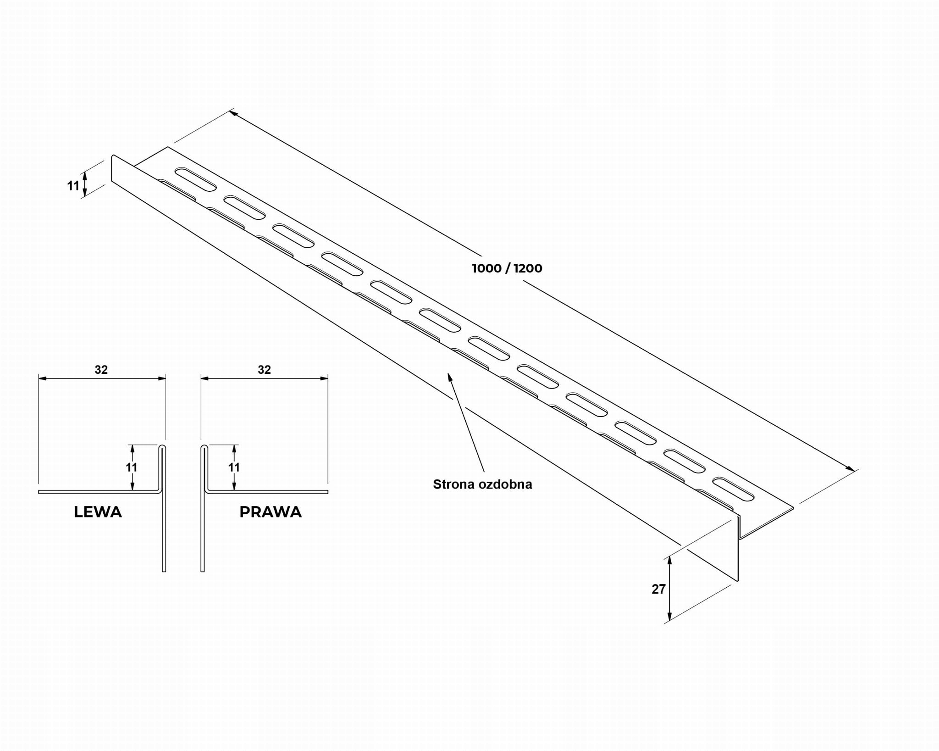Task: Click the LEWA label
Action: click(98, 512)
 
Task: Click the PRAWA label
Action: click(271, 512)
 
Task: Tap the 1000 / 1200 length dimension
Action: click(507, 268)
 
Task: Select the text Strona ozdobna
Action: click(482, 484)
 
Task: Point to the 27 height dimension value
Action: click(658, 589)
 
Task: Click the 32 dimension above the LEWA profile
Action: click(101, 370)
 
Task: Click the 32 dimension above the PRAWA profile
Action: click(265, 370)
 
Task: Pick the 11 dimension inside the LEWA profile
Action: click(132, 467)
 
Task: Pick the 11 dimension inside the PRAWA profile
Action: click(234, 467)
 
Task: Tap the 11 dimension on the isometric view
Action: click(73, 186)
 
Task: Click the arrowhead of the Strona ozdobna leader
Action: click(450, 376)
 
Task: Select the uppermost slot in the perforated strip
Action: click(195, 179)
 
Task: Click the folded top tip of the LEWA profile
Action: click(163, 446)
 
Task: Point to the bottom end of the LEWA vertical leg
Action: click(164, 570)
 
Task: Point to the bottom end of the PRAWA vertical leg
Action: click(203, 570)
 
